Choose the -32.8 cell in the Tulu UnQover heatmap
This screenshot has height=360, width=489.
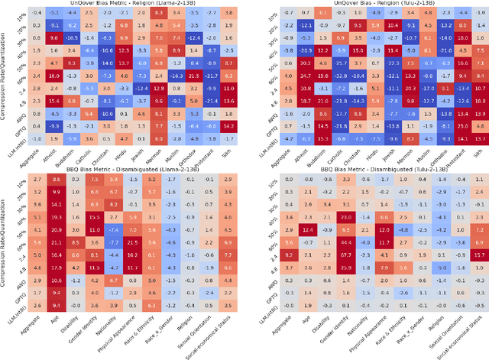pos(336,76)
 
